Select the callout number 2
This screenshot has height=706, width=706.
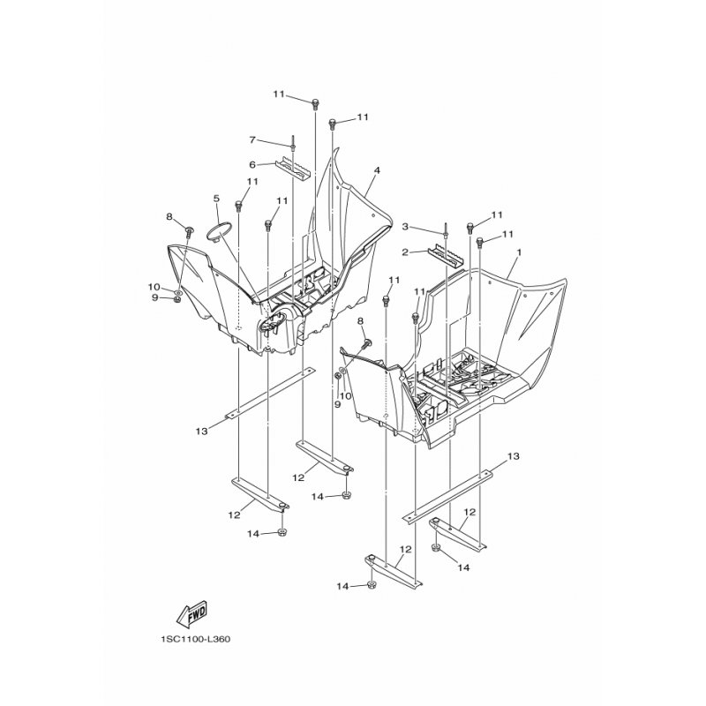pos(405,252)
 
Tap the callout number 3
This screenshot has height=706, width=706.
pos(405,227)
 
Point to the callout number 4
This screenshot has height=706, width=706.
pos(377,170)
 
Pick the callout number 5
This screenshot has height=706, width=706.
pos(216,198)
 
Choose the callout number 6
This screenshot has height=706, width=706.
pos(252,165)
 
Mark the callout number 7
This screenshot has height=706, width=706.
pos(252,140)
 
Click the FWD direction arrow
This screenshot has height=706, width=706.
pos(192,613)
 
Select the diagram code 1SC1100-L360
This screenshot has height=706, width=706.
pos(194,639)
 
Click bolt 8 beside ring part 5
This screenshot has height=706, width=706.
pos(189,232)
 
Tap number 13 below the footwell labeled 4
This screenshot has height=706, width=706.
pos(202,432)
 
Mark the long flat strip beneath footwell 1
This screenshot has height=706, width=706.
pos(447,497)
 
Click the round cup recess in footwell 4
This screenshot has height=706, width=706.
pos(274,321)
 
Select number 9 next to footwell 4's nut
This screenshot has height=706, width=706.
pos(155,297)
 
